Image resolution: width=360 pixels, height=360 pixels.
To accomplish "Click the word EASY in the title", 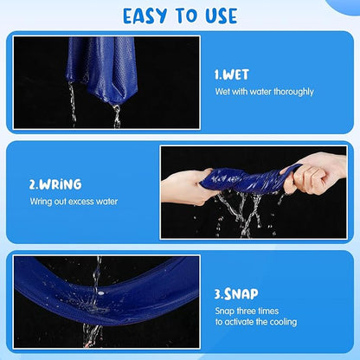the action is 145,16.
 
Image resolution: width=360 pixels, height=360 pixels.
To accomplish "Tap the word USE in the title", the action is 222,16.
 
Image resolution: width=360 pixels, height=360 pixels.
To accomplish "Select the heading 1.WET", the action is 231,75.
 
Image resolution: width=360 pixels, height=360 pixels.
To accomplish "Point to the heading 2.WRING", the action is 55,184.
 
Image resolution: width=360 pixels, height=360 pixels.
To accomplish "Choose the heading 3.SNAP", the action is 236,294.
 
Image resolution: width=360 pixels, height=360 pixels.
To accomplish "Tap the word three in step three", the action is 247,311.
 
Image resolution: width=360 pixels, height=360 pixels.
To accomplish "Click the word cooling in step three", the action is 283,322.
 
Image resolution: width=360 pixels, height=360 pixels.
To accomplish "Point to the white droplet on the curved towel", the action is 100,293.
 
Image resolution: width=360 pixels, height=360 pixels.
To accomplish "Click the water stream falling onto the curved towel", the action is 96,277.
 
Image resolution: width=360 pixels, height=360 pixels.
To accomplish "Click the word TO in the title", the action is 186,16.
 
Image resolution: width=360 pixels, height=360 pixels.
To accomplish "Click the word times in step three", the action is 268,311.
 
